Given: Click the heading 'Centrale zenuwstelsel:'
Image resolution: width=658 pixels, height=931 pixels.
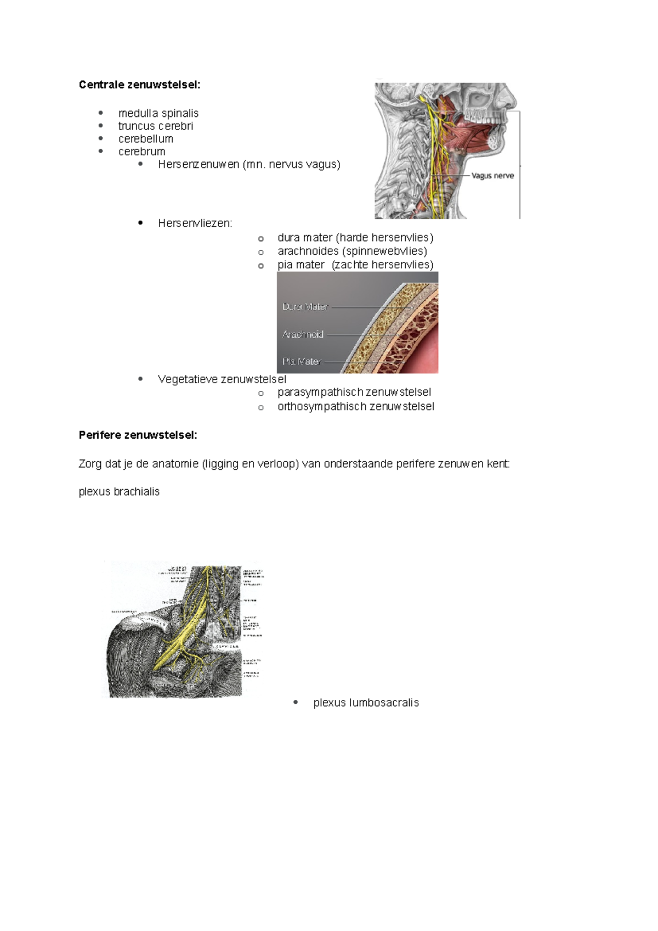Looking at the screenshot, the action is point(139,85).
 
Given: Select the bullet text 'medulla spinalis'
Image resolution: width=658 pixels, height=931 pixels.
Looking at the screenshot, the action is point(158,113).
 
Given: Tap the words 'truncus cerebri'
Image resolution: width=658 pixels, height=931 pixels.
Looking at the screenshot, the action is point(156,126).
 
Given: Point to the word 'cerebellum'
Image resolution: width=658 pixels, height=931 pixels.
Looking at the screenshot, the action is point(146,139).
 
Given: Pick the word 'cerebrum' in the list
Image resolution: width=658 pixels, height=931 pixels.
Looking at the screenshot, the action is point(141,152).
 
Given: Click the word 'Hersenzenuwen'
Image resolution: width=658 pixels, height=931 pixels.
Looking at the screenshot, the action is point(198,164).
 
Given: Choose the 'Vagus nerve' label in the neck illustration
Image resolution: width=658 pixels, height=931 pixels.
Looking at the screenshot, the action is point(492,176).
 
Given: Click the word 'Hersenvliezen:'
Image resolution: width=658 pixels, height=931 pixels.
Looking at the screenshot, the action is point(195,223).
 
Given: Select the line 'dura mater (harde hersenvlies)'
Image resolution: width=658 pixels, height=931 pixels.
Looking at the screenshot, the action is point(355,238).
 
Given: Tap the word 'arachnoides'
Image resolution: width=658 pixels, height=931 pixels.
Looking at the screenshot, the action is point(308,251).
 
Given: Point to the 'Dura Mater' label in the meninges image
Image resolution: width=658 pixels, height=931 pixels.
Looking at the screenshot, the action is point(305,307).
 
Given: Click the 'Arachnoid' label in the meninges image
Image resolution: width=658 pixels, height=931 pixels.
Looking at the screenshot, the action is point(303,334).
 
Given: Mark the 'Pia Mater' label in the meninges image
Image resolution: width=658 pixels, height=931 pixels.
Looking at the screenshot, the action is point(301,361).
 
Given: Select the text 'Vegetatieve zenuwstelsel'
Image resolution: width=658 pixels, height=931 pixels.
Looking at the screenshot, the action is point(222,379).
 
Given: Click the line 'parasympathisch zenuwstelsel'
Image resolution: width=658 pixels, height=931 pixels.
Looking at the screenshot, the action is point(354,392).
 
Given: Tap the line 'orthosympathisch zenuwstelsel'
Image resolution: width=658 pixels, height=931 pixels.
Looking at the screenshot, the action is point(355,406).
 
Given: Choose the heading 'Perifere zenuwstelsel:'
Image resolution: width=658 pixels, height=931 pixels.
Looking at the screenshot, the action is point(138,435).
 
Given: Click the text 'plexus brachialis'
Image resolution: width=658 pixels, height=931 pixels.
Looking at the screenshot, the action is point(119,491).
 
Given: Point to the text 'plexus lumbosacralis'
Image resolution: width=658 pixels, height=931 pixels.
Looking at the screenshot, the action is point(366,703).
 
